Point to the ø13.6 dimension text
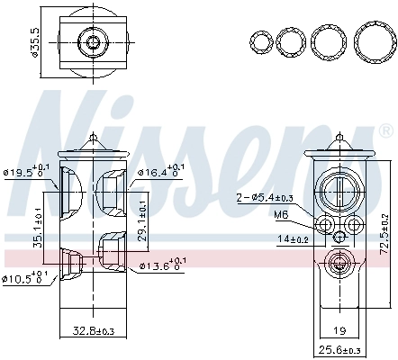pos(159,265)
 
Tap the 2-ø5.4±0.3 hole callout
pos(267,198)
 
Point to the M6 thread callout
pos(280,215)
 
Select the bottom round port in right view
pos(339,264)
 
